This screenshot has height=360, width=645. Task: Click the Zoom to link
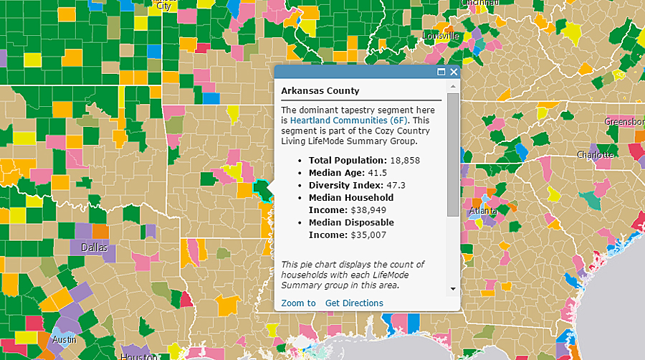(298, 303)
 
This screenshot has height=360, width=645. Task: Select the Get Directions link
(354, 303)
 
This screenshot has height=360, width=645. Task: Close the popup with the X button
(453, 72)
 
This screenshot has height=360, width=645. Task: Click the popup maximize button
(441, 72)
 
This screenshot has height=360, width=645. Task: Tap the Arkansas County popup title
(320, 91)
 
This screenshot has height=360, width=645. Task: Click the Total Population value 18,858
(406, 161)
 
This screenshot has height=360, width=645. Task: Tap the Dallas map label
(94, 247)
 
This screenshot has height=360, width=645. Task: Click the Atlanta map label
(484, 212)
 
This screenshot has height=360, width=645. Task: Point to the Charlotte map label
(595, 155)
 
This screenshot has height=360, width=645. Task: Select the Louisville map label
(440, 36)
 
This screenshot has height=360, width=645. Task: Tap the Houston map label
(139, 356)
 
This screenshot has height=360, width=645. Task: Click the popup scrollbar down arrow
(452, 288)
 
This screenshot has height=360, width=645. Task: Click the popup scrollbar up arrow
(452, 85)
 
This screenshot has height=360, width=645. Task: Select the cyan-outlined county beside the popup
(262, 190)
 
